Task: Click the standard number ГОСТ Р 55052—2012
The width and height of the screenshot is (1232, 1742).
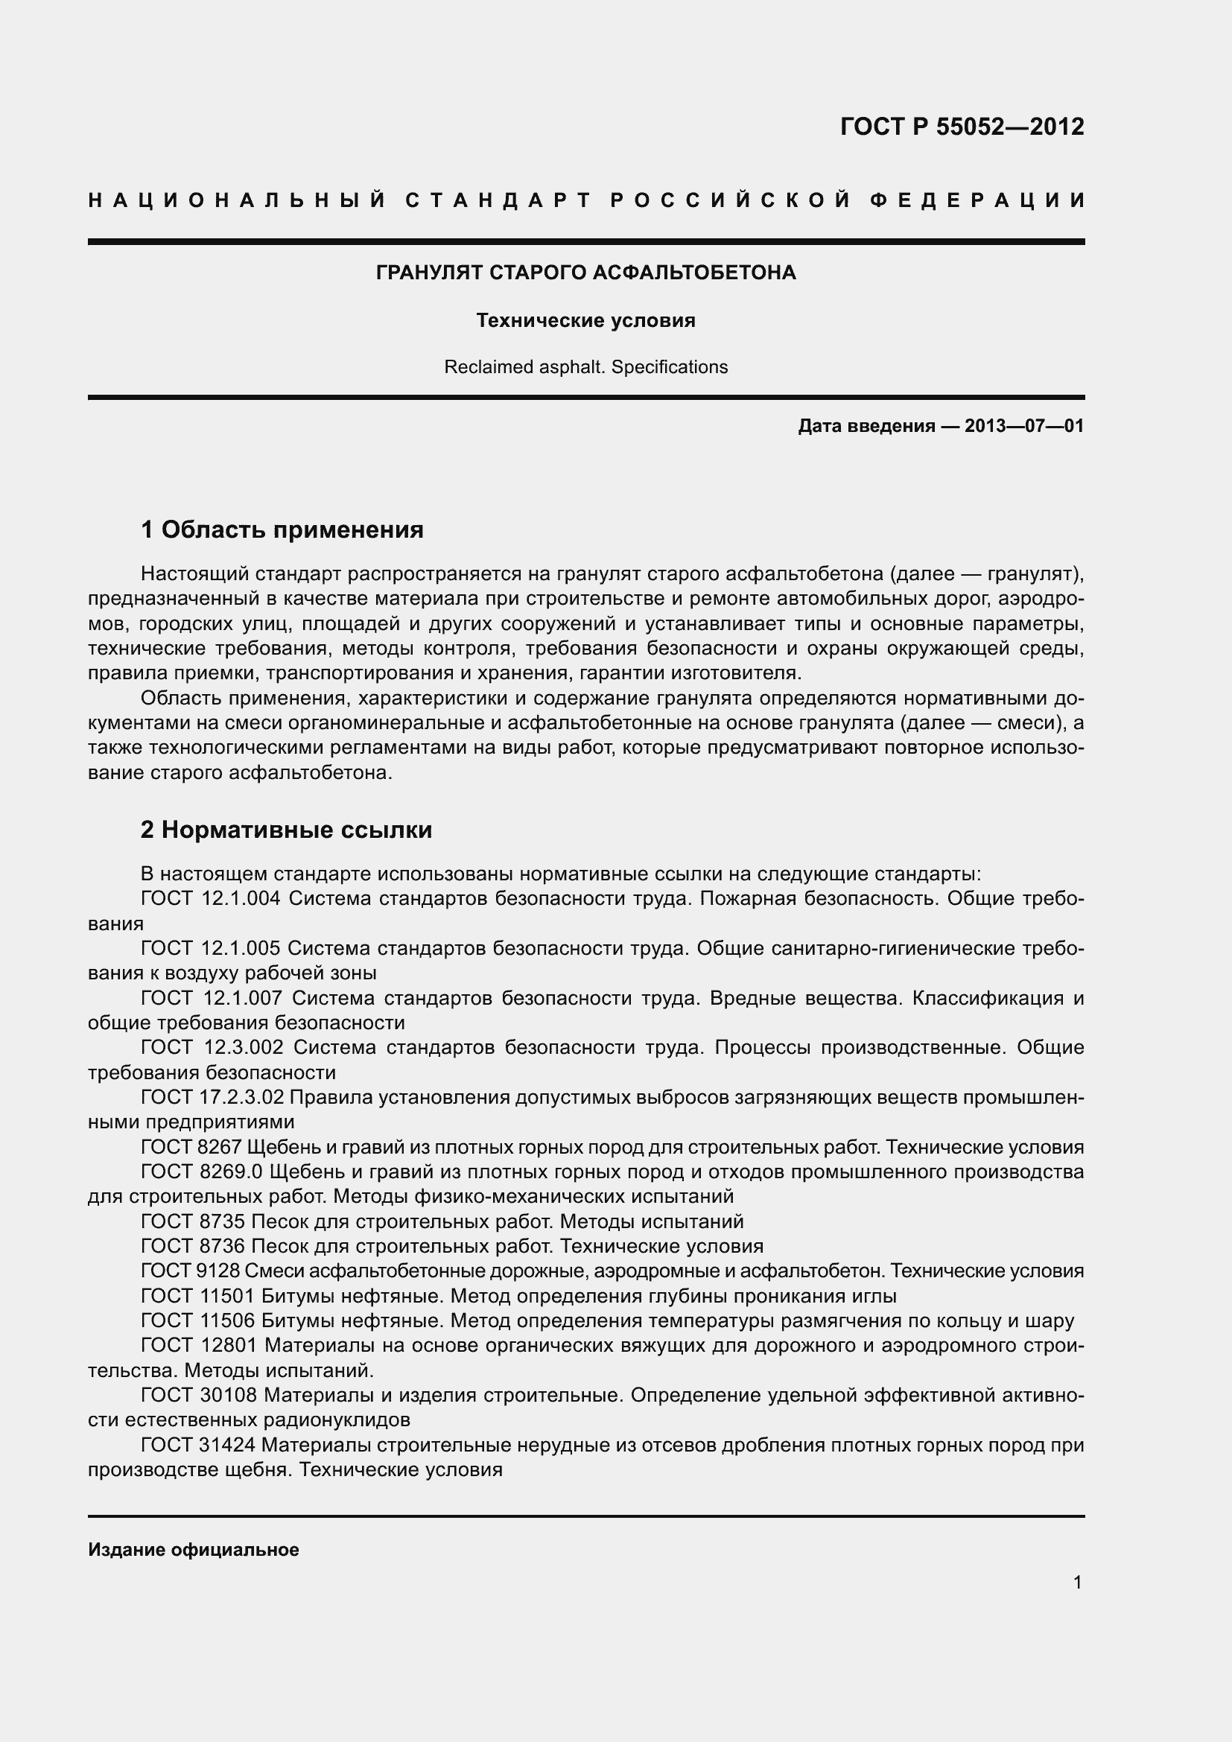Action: (961, 127)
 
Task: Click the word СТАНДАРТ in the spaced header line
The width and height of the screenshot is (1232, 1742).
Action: (498, 200)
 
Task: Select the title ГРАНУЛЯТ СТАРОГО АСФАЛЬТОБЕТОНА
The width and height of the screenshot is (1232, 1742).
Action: (585, 273)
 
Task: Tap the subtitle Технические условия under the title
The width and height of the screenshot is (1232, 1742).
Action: (585, 321)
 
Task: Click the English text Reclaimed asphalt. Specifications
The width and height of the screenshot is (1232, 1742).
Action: (585, 367)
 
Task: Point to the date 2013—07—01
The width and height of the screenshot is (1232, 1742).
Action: (1023, 427)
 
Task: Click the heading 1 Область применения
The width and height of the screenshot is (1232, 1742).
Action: (282, 530)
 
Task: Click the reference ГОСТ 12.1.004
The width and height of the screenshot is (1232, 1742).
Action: (210, 899)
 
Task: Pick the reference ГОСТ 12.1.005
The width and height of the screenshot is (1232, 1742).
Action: (210, 948)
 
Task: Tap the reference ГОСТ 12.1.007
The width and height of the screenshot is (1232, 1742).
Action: (212, 999)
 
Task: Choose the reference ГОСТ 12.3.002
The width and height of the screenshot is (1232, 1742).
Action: (212, 1048)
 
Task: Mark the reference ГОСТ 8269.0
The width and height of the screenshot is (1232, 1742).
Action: (202, 1172)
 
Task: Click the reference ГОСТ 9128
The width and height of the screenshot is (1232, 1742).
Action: (191, 1271)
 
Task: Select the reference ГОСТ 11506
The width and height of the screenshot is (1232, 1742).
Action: (197, 1321)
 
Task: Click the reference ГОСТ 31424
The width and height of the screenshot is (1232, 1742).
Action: (197, 1446)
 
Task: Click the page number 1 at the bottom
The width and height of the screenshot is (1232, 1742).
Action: (1077, 1583)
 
